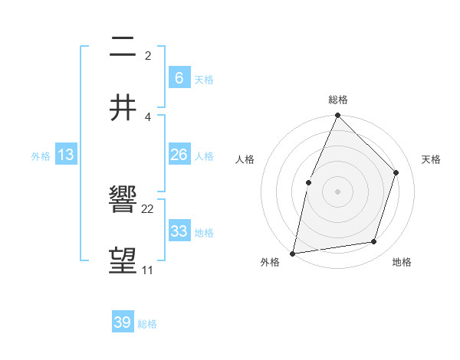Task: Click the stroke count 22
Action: [148, 209]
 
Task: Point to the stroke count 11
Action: [147, 270]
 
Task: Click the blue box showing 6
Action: [179, 77]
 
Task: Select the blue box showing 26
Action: [179, 155]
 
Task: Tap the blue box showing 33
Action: [179, 231]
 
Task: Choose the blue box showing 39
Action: [123, 322]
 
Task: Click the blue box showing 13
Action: [65, 155]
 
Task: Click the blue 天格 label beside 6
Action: [204, 79]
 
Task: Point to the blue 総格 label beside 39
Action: [147, 324]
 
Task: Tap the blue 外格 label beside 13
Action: [41, 156]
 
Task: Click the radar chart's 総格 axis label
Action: [338, 100]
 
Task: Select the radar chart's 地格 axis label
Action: [402, 262]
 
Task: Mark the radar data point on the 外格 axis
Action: [293, 253]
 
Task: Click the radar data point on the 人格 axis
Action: [308, 182]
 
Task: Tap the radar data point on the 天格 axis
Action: [396, 172]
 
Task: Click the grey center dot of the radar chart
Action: [337, 191]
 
